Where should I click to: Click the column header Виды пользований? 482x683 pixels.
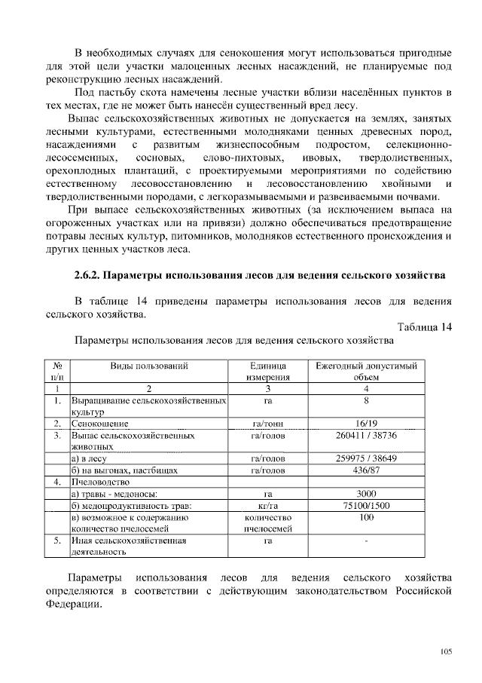tap(149, 365)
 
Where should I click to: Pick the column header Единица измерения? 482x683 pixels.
tap(267, 371)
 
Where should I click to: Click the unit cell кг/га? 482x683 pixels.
tap(267, 506)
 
